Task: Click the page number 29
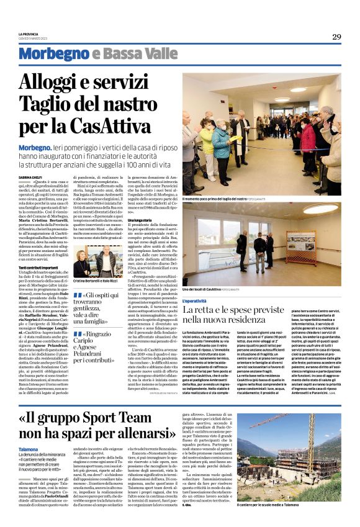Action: tap(336, 37)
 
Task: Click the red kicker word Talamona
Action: tap(28, 448)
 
